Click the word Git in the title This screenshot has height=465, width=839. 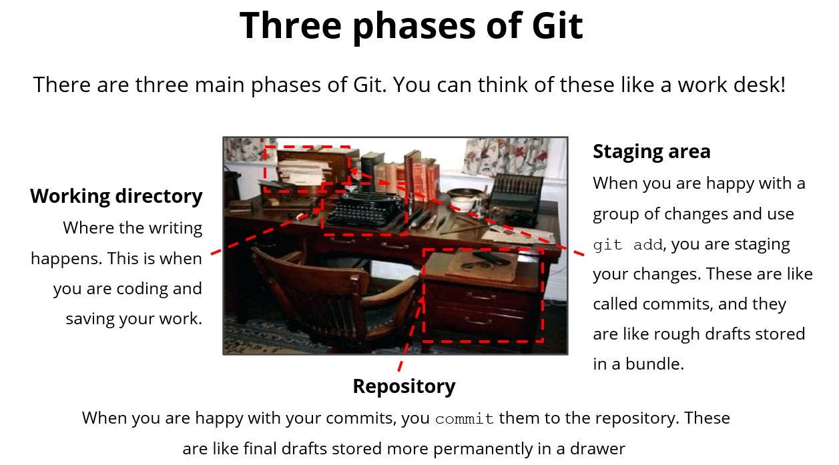click(557, 25)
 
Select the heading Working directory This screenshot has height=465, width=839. click(116, 196)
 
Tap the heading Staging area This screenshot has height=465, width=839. click(651, 151)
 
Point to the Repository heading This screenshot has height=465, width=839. click(404, 386)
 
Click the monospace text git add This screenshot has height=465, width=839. click(627, 245)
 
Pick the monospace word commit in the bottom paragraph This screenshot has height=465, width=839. click(465, 419)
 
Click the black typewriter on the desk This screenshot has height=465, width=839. click(364, 209)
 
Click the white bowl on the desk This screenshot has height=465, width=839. click(462, 197)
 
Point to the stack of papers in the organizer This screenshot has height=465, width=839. click(304, 170)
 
